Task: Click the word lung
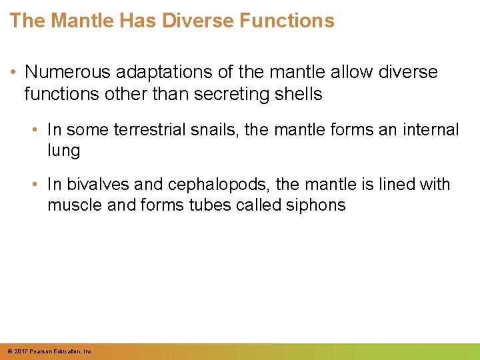[63, 151]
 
